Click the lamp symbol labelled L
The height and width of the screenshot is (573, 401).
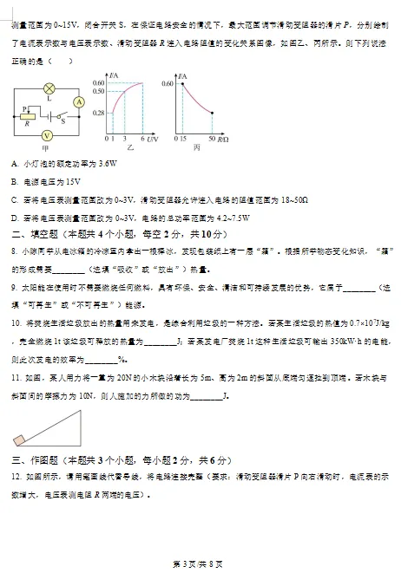pyautogui.click(x=49, y=88)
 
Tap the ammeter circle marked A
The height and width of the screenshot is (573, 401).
pyautogui.click(x=78, y=101)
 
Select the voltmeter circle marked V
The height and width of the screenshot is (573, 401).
pyautogui.click(x=49, y=135)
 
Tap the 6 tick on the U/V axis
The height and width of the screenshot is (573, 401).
pyautogui.click(x=143, y=138)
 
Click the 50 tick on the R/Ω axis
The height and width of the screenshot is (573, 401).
pyautogui.click(x=213, y=138)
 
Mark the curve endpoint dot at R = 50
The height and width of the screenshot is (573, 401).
pyautogui.click(x=213, y=112)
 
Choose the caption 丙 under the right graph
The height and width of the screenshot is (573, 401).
pyautogui.click(x=199, y=149)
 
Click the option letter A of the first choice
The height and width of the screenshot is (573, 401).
pyautogui.click(x=15, y=163)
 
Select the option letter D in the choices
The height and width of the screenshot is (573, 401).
pyautogui.click(x=15, y=218)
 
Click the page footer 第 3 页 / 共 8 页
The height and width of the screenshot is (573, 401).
pyautogui.click(x=200, y=563)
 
